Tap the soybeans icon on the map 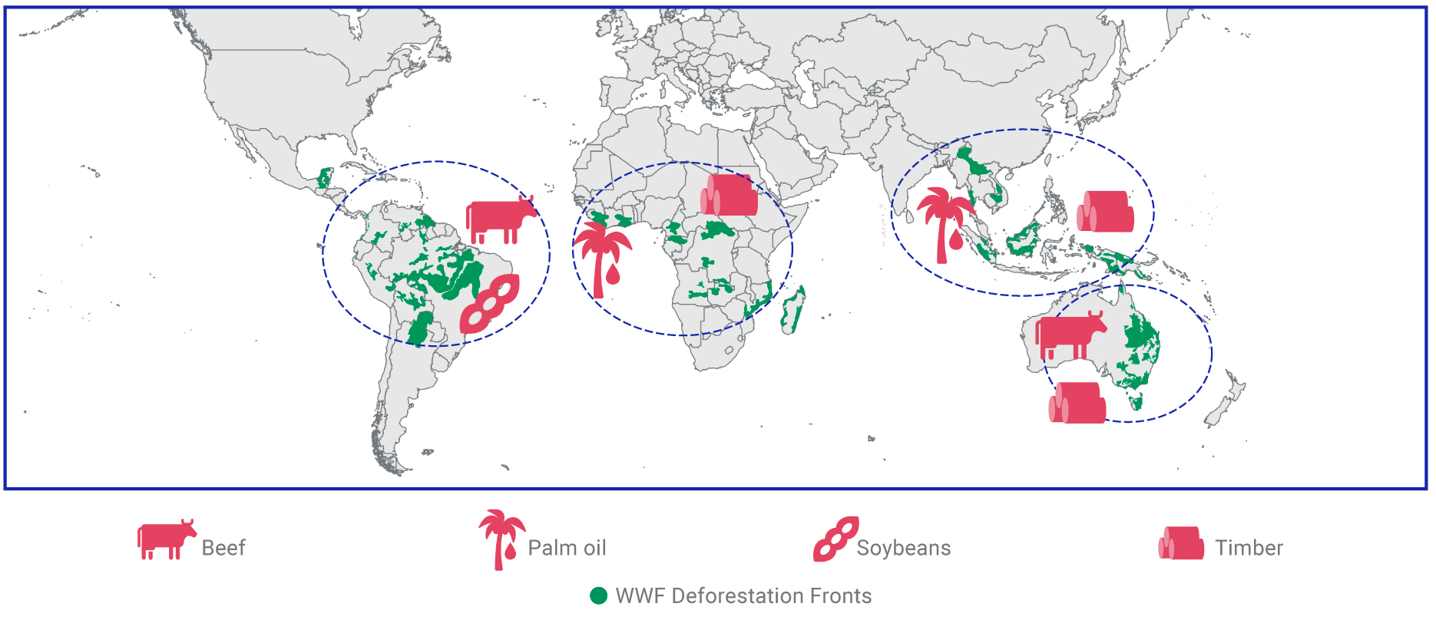(489, 304)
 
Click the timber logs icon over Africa (730, 195)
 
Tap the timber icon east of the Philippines (1106, 212)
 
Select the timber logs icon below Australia (1077, 403)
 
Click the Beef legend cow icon (166, 539)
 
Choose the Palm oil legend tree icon (501, 539)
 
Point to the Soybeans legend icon (835, 539)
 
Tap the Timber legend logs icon (1181, 542)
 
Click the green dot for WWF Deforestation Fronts (599, 596)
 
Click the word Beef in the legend (223, 548)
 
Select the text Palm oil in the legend (567, 548)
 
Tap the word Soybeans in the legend (903, 548)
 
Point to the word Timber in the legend (1249, 548)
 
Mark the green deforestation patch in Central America (325, 179)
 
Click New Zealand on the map (1227, 398)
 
